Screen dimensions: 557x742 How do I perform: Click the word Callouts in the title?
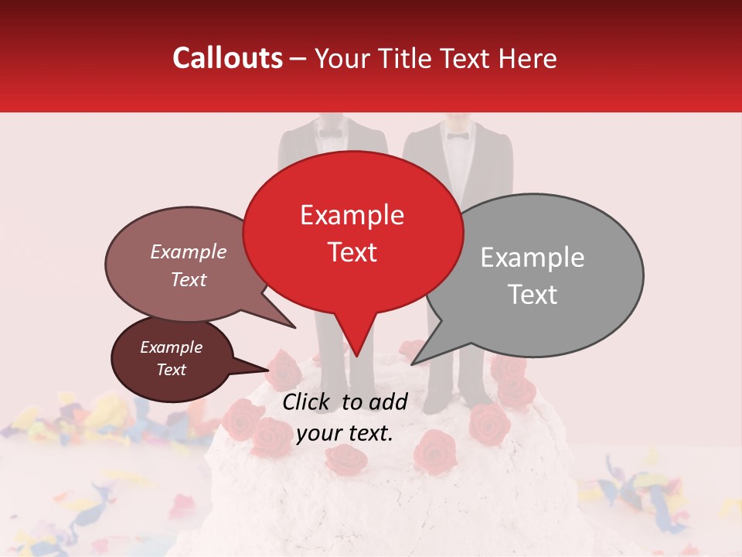[227, 58]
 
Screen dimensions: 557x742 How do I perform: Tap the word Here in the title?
[528, 59]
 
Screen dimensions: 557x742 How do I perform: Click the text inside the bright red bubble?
[352, 233]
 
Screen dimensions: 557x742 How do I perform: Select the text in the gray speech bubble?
[533, 275]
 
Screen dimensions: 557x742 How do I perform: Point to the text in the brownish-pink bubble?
[189, 265]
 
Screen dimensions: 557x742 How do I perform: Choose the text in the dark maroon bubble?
[171, 358]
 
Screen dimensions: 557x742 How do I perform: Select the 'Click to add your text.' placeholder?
[345, 417]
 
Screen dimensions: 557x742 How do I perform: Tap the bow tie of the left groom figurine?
[330, 133]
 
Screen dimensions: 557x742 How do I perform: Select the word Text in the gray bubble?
[533, 295]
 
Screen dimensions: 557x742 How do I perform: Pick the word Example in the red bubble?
[352, 214]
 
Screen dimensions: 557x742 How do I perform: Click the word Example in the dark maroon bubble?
[171, 347]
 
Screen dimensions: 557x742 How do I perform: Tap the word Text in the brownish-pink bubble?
[189, 279]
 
